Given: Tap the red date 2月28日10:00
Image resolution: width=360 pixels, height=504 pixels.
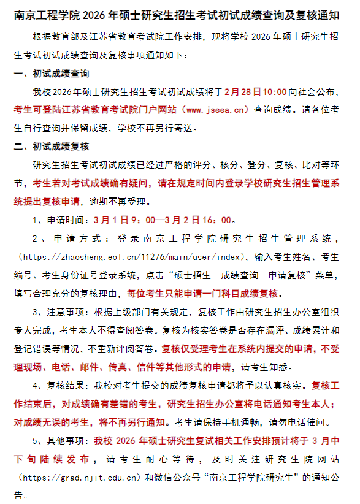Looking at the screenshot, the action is pos(255,92).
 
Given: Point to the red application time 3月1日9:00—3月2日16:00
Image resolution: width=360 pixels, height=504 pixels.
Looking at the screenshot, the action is pos(163,220).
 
